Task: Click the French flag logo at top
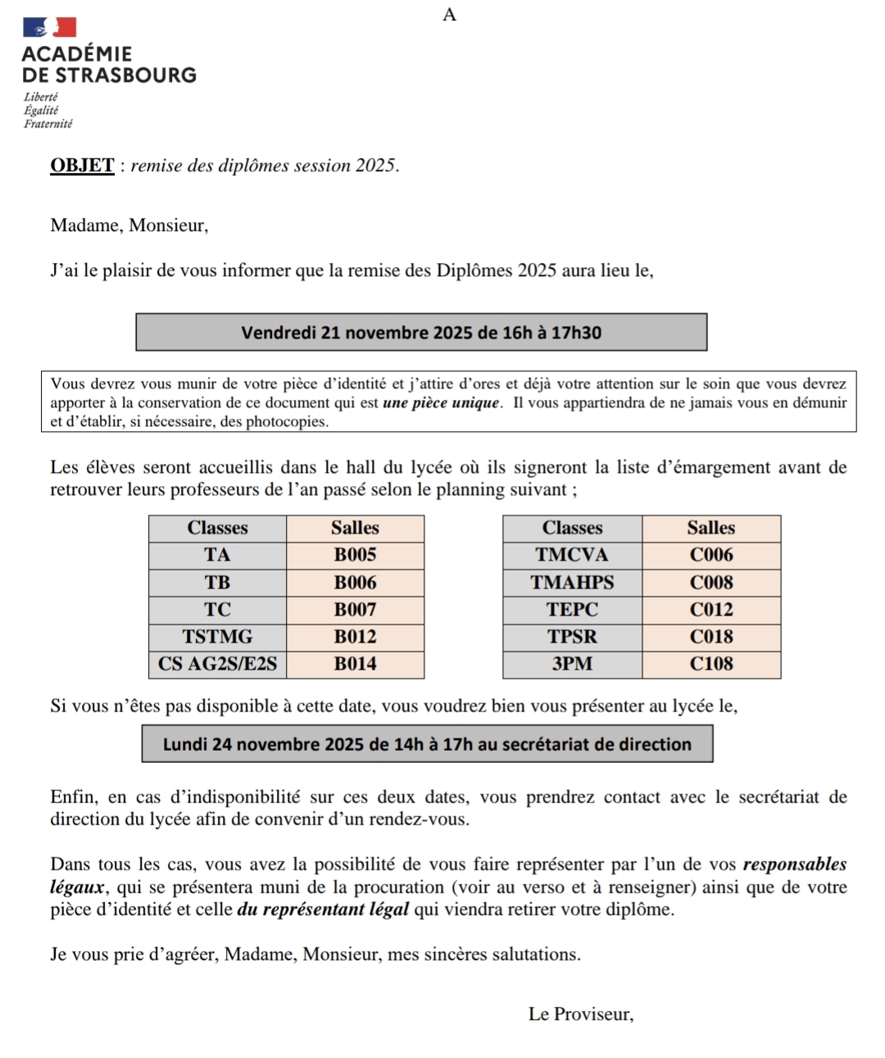(x=49, y=27)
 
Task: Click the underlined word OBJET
(x=82, y=166)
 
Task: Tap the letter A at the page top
(x=449, y=15)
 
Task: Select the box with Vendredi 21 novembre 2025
(x=421, y=333)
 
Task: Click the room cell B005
(x=355, y=555)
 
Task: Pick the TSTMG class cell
(x=217, y=637)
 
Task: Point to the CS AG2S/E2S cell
(x=217, y=664)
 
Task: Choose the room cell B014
(x=355, y=664)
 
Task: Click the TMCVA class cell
(x=572, y=555)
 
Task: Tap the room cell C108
(x=711, y=664)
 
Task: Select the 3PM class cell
(x=572, y=664)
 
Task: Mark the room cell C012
(x=711, y=610)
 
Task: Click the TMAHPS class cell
(x=572, y=583)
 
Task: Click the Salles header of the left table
(x=355, y=528)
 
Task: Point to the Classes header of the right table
(x=572, y=528)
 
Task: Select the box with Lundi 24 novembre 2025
(x=427, y=744)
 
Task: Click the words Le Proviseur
(x=580, y=1015)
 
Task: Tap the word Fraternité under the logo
(x=48, y=125)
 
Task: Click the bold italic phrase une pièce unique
(x=441, y=403)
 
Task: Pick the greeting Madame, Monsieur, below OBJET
(x=129, y=225)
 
